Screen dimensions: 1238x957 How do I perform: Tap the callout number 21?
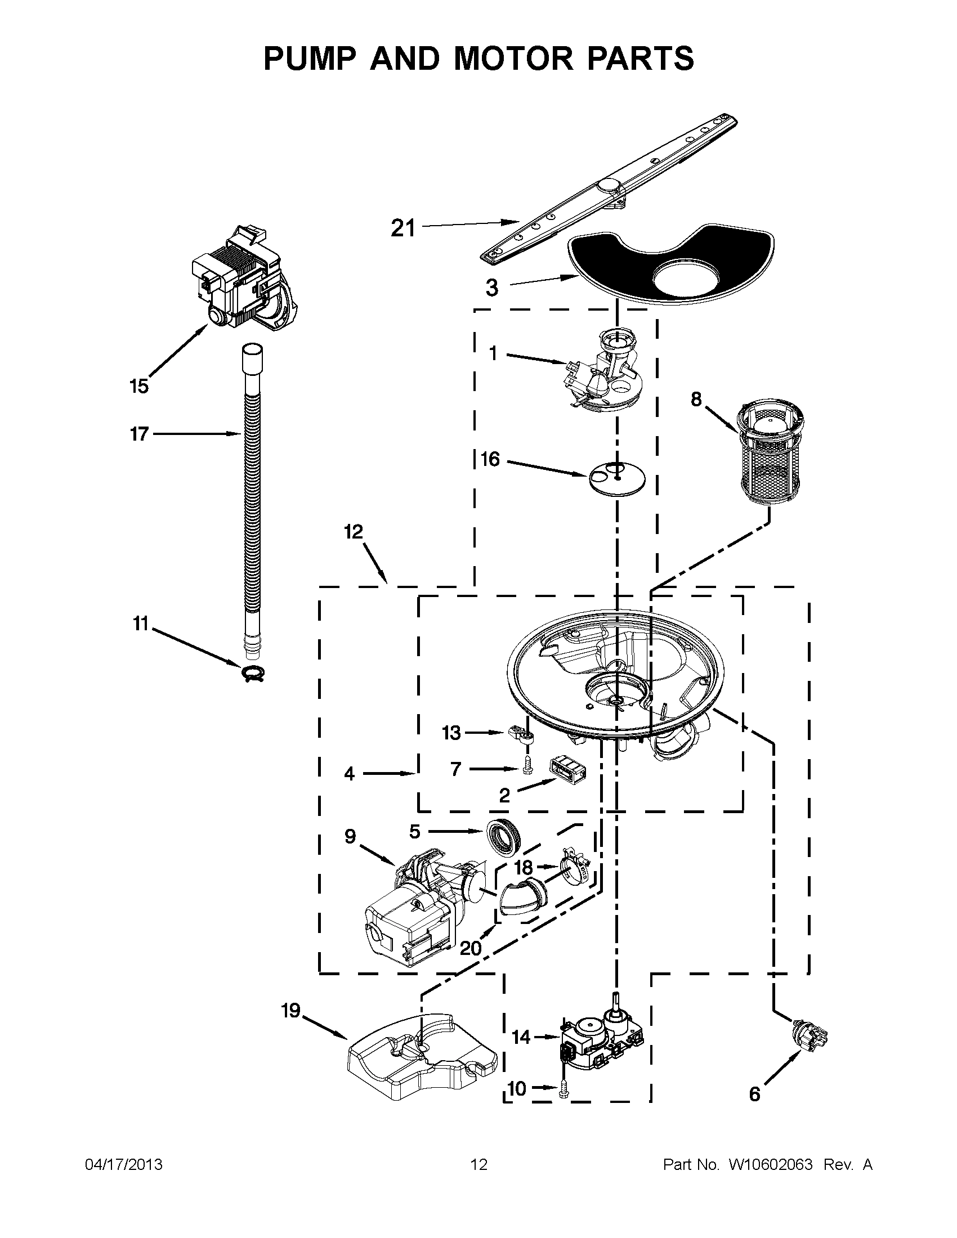(x=403, y=228)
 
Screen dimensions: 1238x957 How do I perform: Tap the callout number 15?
(x=139, y=387)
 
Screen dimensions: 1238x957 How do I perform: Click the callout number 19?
(x=291, y=1011)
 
